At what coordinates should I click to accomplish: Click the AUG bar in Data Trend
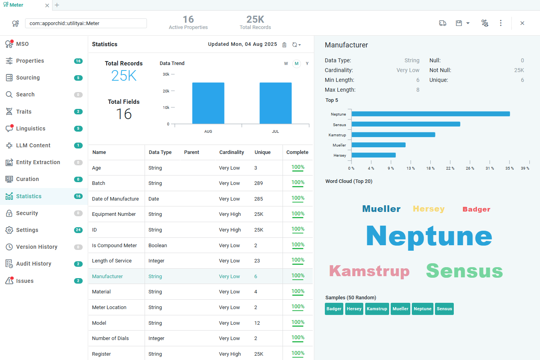pyautogui.click(x=208, y=103)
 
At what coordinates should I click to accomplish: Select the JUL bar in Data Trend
pyautogui.click(x=275, y=103)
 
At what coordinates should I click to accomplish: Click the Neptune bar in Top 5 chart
pyautogui.click(x=431, y=114)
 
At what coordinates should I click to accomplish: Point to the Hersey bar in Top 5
pyautogui.click(x=373, y=155)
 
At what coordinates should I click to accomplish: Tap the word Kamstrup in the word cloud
pyautogui.click(x=369, y=271)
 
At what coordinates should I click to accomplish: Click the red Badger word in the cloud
pyautogui.click(x=476, y=209)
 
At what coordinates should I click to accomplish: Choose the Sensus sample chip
pyautogui.click(x=444, y=309)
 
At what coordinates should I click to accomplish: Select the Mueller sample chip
pyautogui.click(x=400, y=309)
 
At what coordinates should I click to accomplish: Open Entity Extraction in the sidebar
pyautogui.click(x=38, y=162)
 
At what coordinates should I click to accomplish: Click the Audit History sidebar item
pyautogui.click(x=34, y=264)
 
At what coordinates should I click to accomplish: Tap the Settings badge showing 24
pyautogui.click(x=78, y=230)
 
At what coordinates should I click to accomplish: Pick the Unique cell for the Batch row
pyautogui.click(x=259, y=183)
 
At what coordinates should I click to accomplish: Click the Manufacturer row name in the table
pyautogui.click(x=107, y=276)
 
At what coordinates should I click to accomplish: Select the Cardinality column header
pyautogui.click(x=232, y=152)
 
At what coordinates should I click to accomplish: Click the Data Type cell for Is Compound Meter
pyautogui.click(x=158, y=246)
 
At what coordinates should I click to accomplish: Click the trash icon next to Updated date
pyautogui.click(x=284, y=45)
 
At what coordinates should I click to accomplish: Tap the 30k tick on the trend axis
pyautogui.click(x=166, y=74)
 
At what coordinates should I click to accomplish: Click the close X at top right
pyautogui.click(x=522, y=23)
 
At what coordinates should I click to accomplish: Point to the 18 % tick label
pyautogui.click(x=430, y=168)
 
